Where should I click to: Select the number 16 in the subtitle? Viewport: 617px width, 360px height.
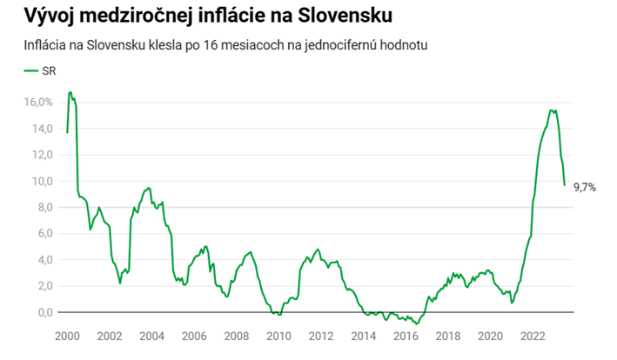(210, 43)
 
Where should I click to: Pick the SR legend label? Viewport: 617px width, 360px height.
(50, 70)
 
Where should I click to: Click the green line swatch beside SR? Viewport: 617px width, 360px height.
(30, 70)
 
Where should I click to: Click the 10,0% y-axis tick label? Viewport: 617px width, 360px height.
(39, 181)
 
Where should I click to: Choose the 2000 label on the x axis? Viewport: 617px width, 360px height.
(67, 337)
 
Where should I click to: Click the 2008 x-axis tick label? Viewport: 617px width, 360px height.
(237, 337)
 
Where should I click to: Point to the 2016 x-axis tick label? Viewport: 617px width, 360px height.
(406, 337)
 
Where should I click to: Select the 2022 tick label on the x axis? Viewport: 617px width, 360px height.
(533, 337)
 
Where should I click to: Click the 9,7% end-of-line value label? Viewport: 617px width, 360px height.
(585, 187)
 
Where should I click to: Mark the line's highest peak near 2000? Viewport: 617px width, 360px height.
(70, 91)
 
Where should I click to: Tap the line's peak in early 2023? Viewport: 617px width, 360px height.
(553, 110)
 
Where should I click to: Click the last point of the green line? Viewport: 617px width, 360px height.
(565, 184)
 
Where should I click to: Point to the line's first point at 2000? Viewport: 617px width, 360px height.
(67, 132)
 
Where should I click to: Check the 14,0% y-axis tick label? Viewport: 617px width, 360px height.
(39, 129)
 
